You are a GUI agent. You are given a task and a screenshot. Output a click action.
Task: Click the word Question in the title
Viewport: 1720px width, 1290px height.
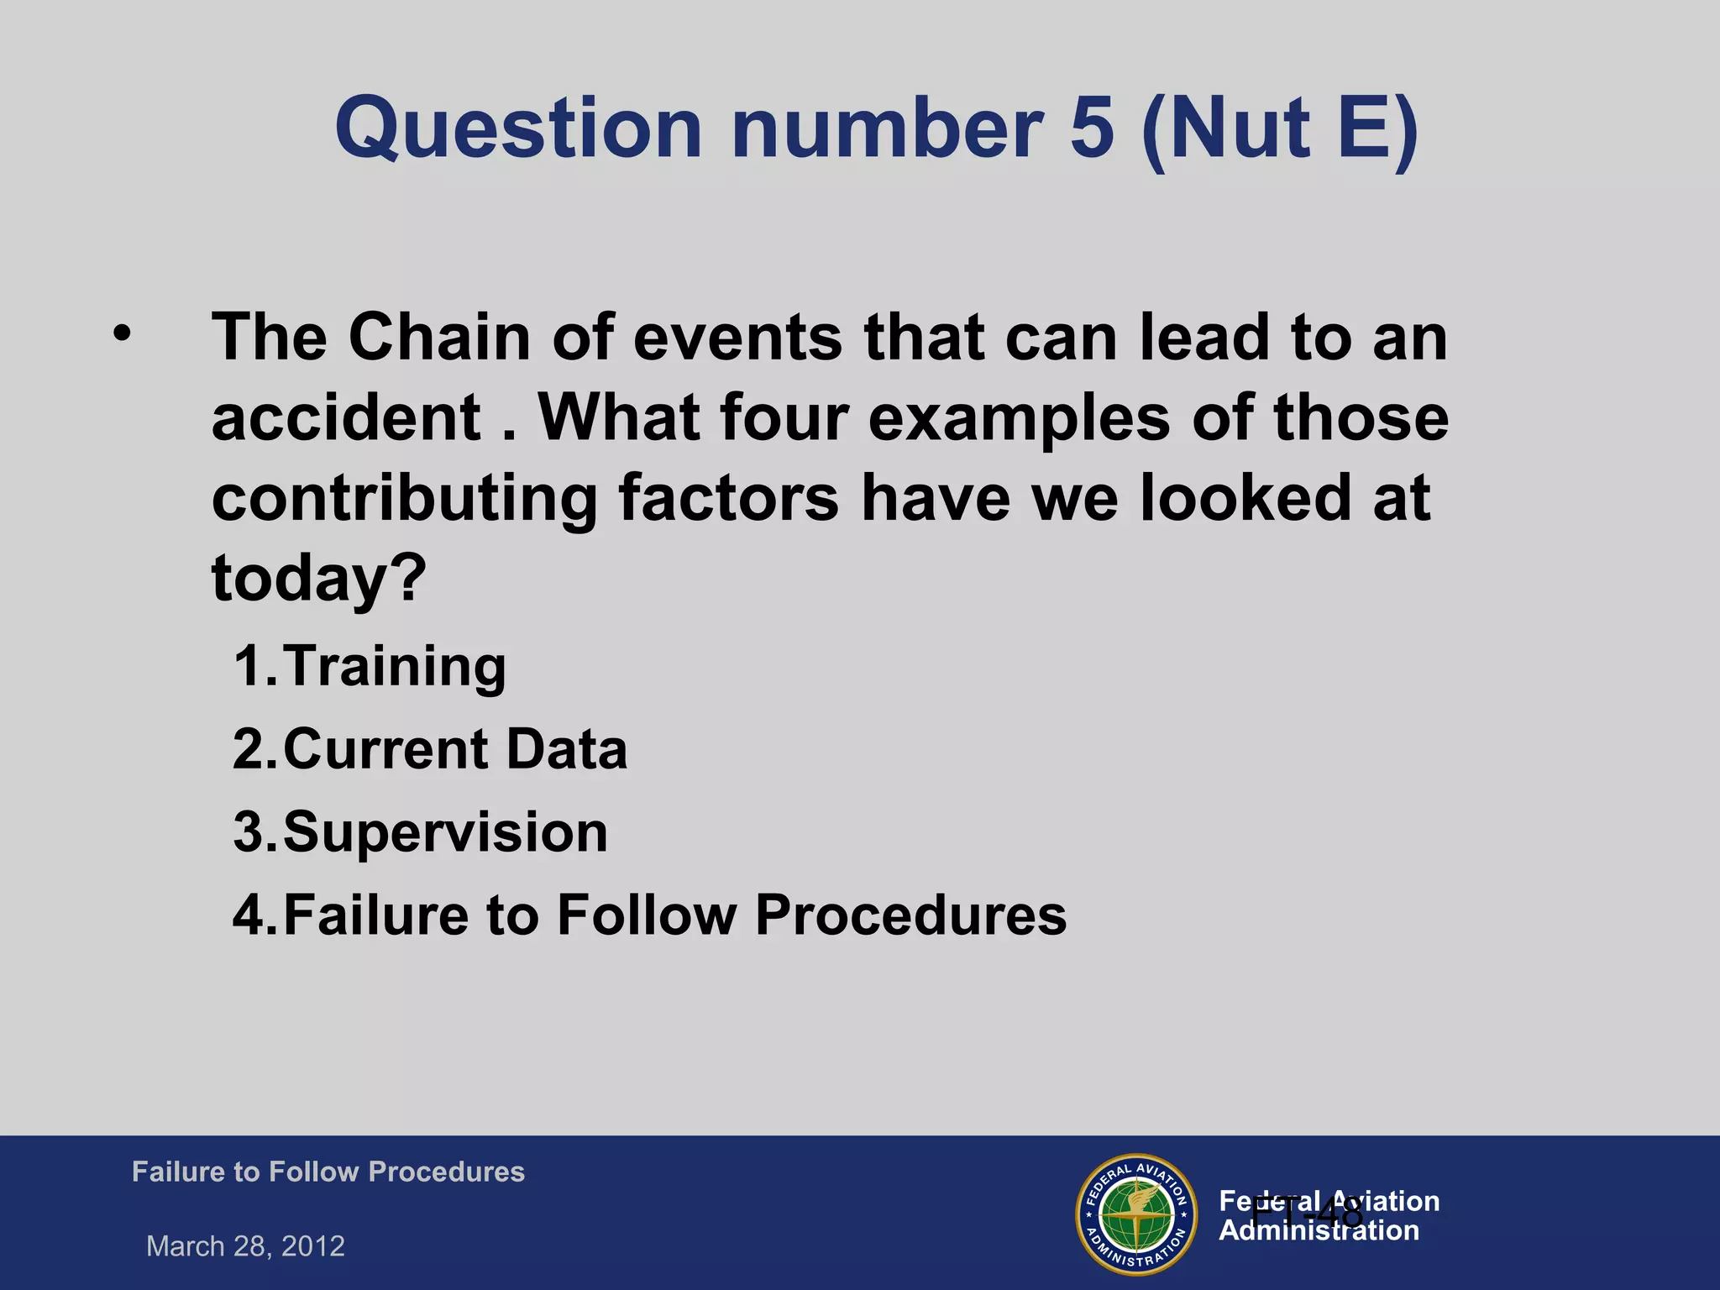518,128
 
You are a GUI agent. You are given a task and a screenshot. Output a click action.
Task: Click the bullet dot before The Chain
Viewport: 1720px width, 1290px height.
123,333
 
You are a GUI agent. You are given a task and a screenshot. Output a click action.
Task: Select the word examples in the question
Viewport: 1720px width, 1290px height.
1019,417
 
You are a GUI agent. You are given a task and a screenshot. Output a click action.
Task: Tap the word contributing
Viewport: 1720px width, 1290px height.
404,498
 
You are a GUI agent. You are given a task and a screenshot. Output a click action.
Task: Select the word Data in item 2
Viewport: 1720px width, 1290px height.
567,749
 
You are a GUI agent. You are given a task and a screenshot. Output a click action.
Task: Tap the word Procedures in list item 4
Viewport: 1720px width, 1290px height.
910,915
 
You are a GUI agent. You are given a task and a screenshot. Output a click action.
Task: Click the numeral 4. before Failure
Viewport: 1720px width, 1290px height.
254,915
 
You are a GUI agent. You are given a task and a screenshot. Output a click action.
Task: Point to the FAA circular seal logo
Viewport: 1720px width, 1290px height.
1136,1214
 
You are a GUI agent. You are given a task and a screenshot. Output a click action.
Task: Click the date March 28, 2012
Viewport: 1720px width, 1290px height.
245,1245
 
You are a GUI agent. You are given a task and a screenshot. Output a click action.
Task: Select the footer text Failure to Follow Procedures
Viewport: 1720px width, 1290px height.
328,1172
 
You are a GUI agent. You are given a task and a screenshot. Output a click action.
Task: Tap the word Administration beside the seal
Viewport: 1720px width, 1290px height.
1319,1231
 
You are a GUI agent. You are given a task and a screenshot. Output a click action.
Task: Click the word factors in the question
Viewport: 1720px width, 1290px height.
728,498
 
